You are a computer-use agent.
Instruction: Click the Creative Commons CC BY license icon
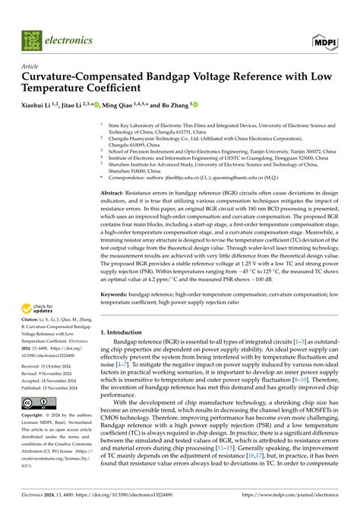point(36,401)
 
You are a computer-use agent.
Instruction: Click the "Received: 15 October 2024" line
point(52,366)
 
